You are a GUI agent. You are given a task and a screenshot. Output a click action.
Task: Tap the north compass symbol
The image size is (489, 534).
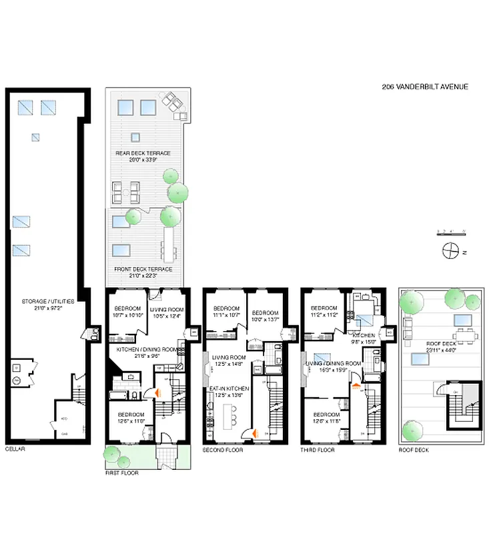click(451, 250)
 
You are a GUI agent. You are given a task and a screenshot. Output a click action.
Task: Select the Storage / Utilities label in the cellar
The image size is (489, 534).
click(47, 304)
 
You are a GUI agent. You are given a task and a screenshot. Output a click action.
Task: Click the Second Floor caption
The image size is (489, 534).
click(222, 450)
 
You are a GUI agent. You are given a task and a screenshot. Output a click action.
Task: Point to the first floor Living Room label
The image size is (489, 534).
click(167, 312)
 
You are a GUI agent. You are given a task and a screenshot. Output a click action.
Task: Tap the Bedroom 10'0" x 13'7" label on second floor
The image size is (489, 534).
click(265, 316)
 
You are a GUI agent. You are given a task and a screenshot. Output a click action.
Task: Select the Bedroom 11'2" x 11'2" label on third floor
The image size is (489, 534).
click(324, 311)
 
